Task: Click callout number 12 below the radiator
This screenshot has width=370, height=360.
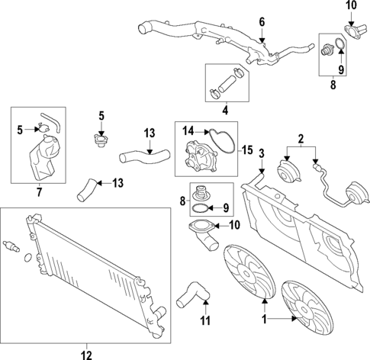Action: (x=85, y=353)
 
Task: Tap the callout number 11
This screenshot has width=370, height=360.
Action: (x=204, y=322)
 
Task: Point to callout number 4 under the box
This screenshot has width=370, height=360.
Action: (x=224, y=111)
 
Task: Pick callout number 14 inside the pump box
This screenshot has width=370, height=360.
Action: (x=188, y=130)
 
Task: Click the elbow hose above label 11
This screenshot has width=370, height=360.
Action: (x=192, y=293)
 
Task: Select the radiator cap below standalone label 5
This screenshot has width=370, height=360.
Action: (x=98, y=143)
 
